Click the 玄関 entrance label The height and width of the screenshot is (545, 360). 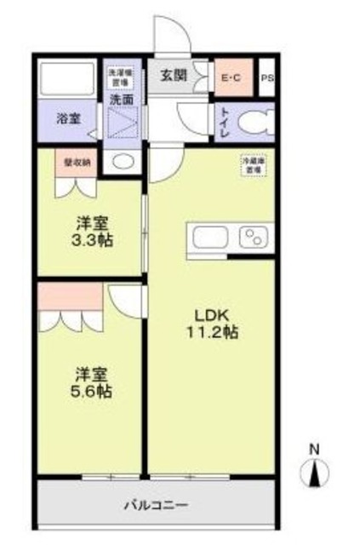[x=174, y=75]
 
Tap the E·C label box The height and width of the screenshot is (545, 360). [x=231, y=79]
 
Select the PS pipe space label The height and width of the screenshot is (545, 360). [x=266, y=79]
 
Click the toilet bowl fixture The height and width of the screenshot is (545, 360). [x=254, y=123]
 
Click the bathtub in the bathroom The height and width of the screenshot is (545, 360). [x=68, y=82]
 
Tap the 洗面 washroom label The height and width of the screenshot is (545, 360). [x=120, y=100]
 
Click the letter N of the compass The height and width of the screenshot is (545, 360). [x=313, y=449]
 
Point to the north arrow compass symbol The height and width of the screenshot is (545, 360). [x=314, y=473]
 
